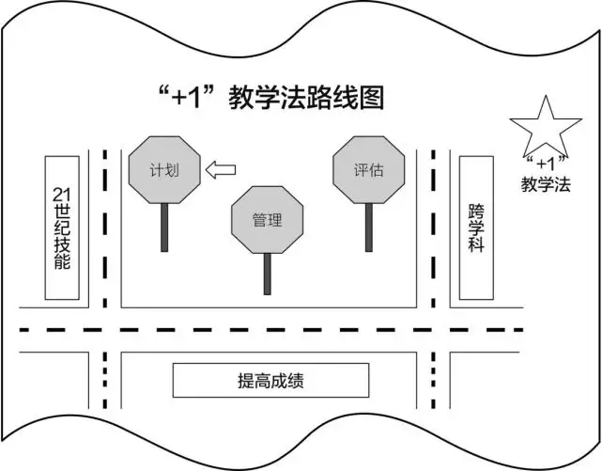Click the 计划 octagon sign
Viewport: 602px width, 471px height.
coord(164,169)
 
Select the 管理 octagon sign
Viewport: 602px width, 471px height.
coord(268,220)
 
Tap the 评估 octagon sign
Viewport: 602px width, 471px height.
coord(368,169)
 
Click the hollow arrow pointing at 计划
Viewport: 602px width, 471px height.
coord(221,169)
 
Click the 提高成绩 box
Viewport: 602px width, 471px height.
coord(270,380)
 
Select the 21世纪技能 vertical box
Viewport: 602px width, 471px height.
coord(62,228)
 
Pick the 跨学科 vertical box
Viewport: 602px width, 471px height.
coord(476,228)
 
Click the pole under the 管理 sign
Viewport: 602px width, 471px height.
coord(268,274)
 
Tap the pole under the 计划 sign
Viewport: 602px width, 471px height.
coord(164,228)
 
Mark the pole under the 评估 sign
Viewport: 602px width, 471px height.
coord(368,228)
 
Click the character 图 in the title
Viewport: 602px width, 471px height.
coord(371,97)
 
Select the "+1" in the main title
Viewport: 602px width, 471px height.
coord(187,97)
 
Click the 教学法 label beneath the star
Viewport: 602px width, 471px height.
coord(546,183)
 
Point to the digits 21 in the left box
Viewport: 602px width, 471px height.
coord(62,195)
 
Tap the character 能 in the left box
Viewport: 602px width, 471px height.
coord(62,260)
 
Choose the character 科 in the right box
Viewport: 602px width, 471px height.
coord(476,243)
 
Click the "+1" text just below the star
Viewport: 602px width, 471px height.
coord(546,164)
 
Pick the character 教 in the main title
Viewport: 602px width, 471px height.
coord(241,97)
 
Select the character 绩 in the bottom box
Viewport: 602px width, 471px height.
coord(296,381)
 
